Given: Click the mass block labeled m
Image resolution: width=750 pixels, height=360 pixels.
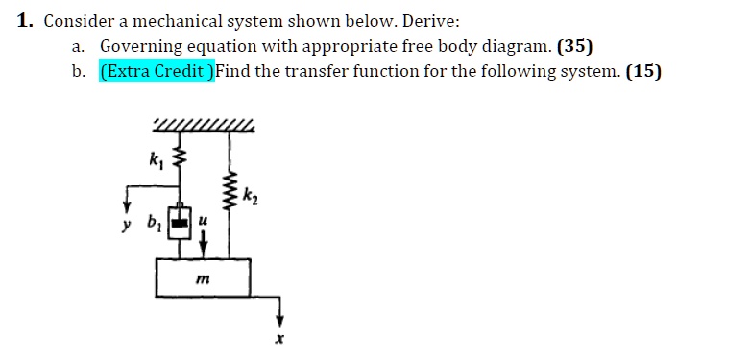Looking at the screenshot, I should [x=204, y=277].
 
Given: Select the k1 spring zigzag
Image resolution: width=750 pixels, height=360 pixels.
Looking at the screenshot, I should [x=176, y=158].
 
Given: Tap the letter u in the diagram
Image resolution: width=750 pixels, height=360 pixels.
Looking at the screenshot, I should [x=202, y=219].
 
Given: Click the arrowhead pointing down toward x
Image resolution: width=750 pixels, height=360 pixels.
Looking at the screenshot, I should [x=280, y=321].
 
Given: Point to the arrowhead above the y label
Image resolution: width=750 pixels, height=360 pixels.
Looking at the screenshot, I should [x=125, y=210].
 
